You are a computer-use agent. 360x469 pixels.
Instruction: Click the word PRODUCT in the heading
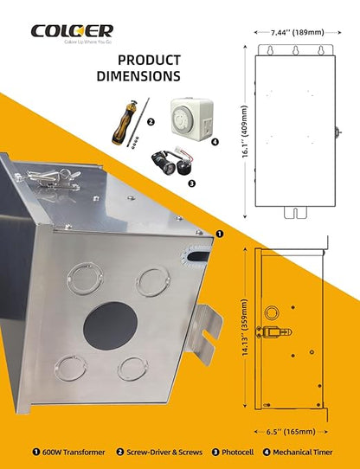tap(149, 60)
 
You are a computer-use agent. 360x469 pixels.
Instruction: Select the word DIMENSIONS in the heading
tap(138, 76)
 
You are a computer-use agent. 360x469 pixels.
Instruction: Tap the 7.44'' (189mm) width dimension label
tap(298, 32)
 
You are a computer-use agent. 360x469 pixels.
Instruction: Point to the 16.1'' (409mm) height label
tap(245, 132)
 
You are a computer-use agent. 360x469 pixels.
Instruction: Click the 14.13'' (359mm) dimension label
tap(245, 328)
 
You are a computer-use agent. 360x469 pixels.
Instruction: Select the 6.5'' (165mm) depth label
tap(291, 432)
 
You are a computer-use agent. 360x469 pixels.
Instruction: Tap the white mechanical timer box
tap(192, 119)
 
